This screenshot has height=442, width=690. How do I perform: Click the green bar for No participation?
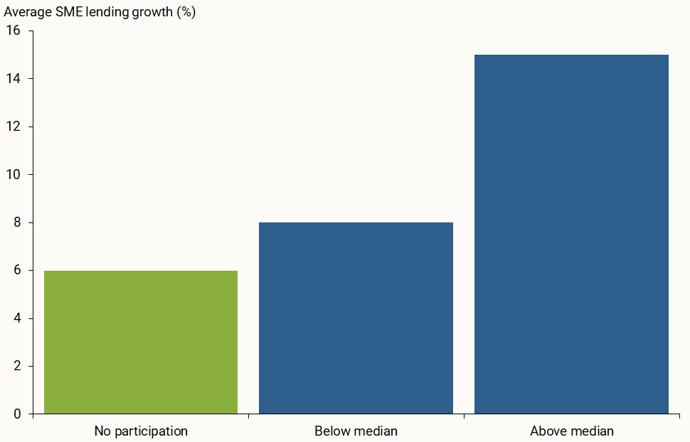141,342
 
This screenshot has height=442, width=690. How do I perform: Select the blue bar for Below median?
356,318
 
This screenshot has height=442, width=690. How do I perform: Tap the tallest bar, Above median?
571,234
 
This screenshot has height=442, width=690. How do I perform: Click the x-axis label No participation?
141,431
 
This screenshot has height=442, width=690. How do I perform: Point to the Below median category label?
356,431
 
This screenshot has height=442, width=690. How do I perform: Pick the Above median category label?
571,431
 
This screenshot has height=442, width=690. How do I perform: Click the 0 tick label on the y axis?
18,414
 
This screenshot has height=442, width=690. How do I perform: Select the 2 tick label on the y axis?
18,366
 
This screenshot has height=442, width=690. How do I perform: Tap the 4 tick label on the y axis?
18,318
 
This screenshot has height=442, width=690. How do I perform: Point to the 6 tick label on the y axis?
18,270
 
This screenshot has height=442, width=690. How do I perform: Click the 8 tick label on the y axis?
18,222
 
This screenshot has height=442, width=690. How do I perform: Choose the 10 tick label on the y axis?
14,174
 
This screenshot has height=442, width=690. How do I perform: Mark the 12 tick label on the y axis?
14,126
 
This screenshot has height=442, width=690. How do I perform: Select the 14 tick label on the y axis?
14,78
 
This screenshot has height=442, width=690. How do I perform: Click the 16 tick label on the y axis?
14,31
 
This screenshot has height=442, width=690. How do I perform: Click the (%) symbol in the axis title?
186,13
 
